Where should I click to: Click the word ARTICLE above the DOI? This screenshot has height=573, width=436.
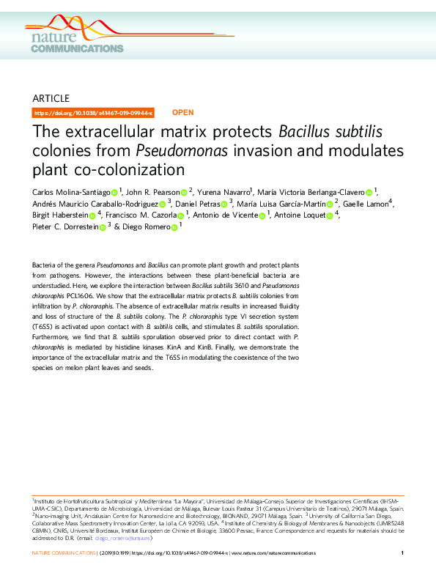51,97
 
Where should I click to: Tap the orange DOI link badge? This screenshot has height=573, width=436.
94,113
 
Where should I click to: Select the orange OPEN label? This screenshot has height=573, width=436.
182,113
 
